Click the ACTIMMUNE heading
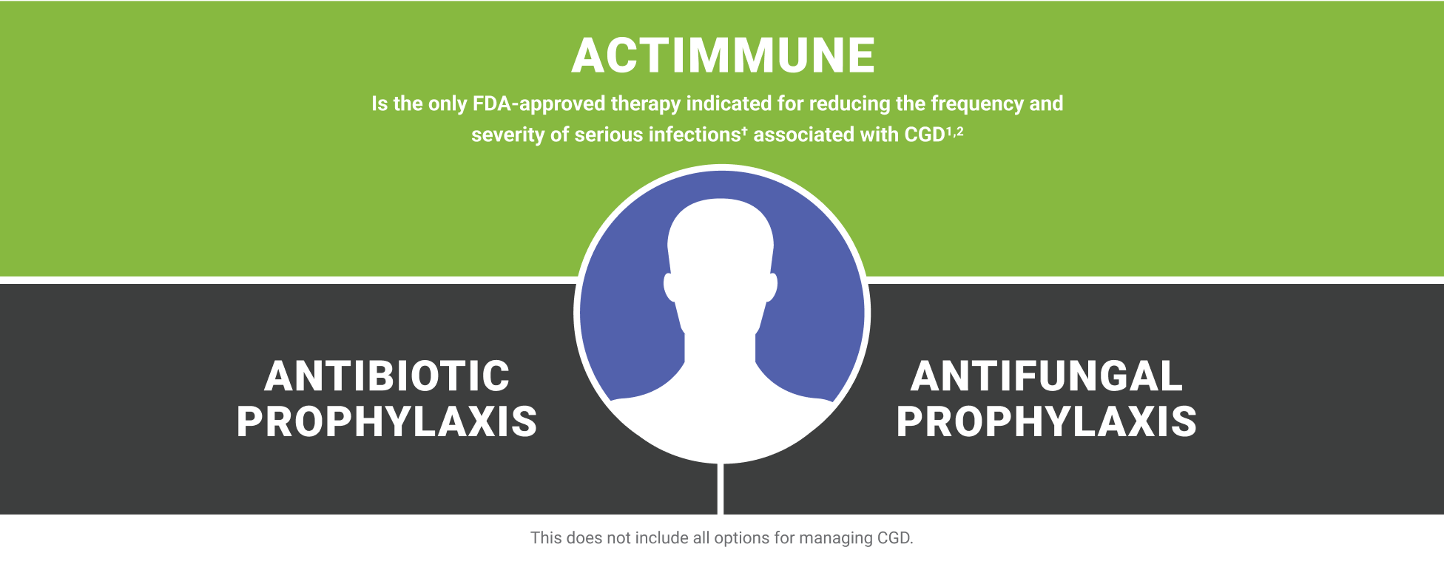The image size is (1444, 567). (x=723, y=56)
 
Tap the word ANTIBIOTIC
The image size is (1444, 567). (x=387, y=376)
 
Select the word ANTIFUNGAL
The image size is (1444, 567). (x=1046, y=376)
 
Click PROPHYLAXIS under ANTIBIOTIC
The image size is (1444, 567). (x=387, y=422)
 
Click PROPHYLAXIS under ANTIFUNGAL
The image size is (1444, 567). (x=1046, y=422)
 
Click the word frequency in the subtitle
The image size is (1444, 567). (x=976, y=103)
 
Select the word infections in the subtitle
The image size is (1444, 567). (x=697, y=135)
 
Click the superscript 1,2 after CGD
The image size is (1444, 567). (x=954, y=131)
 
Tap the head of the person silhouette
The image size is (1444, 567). (x=721, y=244)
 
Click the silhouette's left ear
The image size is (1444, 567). (x=670, y=287)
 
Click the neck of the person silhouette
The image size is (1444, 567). (x=721, y=347)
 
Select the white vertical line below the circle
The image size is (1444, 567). (x=721, y=489)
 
